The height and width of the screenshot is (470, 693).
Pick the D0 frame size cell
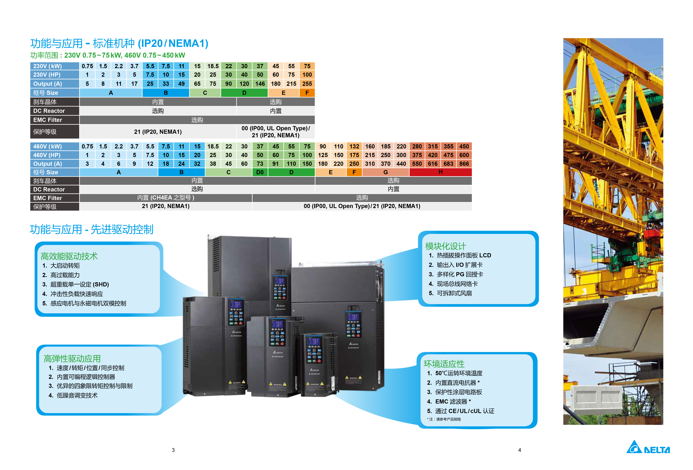[x=260, y=172]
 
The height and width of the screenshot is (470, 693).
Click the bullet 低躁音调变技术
[x=77, y=395]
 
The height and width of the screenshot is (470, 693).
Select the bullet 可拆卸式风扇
[x=454, y=293]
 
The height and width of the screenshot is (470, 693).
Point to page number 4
[x=519, y=450]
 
